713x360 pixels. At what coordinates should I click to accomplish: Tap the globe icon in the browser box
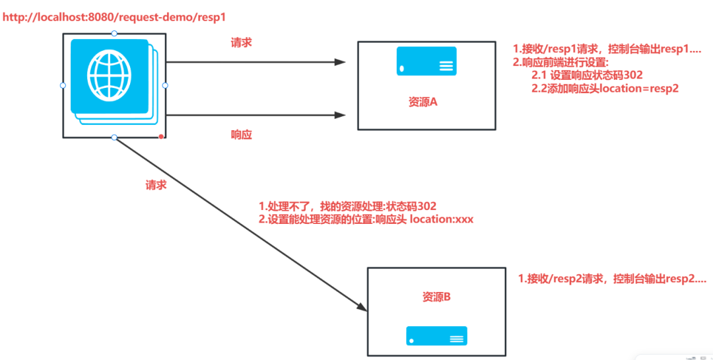pyautogui.click(x=108, y=75)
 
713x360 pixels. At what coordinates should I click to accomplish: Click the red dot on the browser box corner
pyautogui.click(x=161, y=136)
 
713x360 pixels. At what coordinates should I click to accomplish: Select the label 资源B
pyautogui.click(x=436, y=297)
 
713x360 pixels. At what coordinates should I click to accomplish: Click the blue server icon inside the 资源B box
pyautogui.click(x=436, y=336)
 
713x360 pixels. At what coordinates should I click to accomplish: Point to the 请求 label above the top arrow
pyautogui.click(x=241, y=42)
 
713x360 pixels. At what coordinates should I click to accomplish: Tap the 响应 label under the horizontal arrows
pyautogui.click(x=241, y=135)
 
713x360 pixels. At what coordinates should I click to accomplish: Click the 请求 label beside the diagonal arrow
pyautogui.click(x=156, y=186)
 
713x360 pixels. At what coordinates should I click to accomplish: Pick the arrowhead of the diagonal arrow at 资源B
pyautogui.click(x=362, y=307)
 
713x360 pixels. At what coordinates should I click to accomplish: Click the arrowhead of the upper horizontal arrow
pyautogui.click(x=340, y=62)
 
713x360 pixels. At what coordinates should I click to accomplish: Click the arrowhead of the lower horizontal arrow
pyautogui.click(x=340, y=115)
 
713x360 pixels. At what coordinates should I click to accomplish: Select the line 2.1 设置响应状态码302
pyautogui.click(x=587, y=75)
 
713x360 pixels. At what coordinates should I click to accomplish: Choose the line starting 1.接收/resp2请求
pyautogui.click(x=612, y=279)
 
